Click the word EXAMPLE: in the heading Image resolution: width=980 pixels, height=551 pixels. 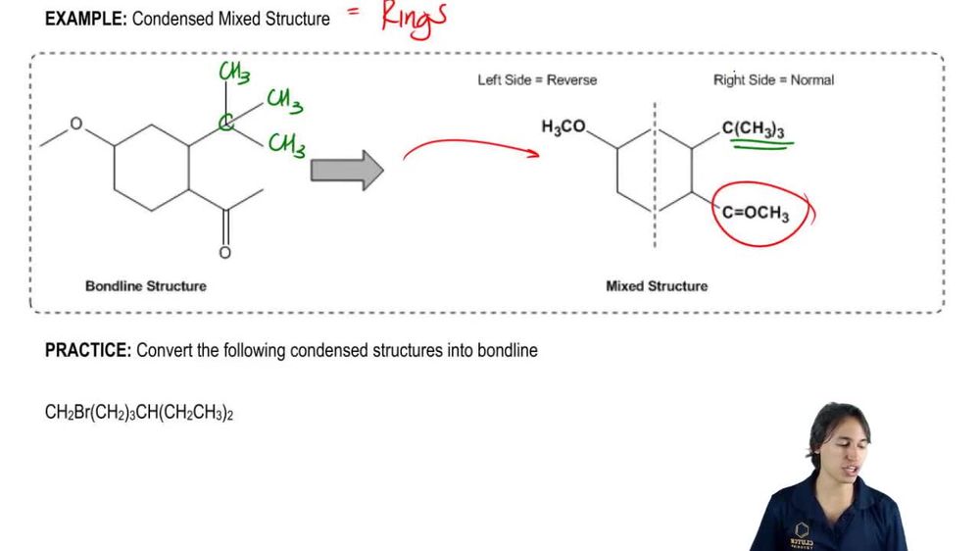[x=85, y=18]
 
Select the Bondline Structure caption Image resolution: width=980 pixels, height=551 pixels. [x=146, y=286]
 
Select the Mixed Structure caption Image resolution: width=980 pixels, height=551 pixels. [x=657, y=286]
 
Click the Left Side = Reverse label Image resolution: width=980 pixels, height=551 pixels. [x=537, y=79]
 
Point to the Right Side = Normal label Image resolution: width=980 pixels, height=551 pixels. [x=773, y=79]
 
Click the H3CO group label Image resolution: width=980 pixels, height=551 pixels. [x=563, y=127]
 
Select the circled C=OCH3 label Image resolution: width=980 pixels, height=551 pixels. [x=756, y=213]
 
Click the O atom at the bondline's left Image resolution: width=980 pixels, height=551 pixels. [x=76, y=125]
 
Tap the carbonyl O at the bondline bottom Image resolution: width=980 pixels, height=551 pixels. [x=224, y=253]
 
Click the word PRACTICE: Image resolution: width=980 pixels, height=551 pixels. [x=87, y=350]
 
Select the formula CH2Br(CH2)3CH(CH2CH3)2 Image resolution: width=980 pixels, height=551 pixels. [x=139, y=413]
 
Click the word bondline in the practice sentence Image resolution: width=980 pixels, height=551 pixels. [x=506, y=350]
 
